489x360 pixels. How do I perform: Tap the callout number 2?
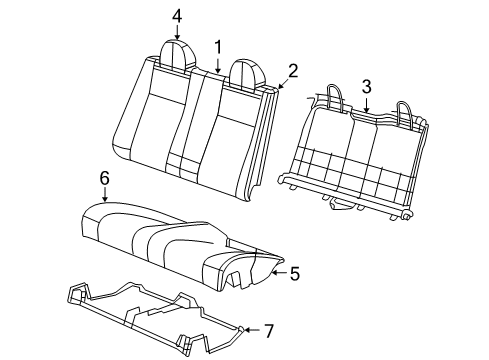click(x=293, y=69)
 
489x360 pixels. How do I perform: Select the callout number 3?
click(x=367, y=86)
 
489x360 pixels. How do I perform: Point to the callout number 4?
click(x=176, y=15)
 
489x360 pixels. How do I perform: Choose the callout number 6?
click(x=103, y=177)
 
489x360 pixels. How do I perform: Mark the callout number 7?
click(x=267, y=329)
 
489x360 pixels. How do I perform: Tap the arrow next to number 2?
click(x=281, y=82)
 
